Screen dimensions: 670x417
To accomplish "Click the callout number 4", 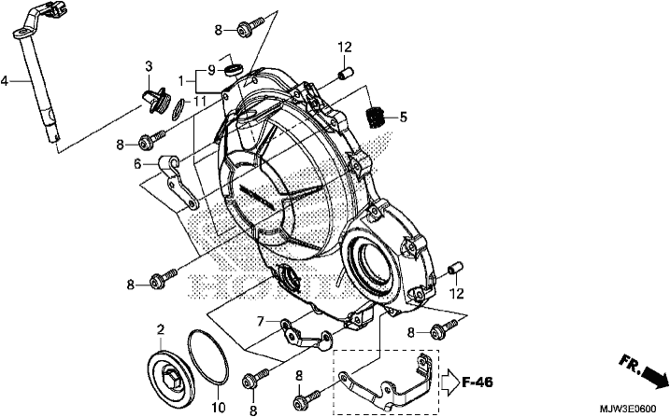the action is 5,80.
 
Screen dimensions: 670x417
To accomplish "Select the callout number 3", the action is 149,66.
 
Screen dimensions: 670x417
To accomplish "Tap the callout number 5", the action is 403,117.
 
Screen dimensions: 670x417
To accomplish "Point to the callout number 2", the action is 161,329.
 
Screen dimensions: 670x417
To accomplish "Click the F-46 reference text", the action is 478,382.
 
